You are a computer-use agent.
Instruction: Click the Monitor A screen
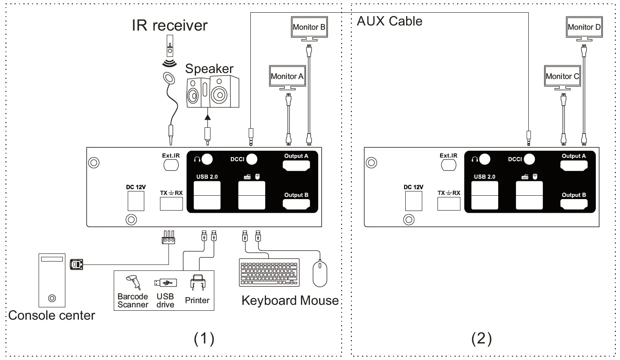tap(287, 76)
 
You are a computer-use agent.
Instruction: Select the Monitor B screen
tap(309, 27)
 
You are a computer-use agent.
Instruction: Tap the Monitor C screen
tap(562, 76)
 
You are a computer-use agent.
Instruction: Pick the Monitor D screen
tap(584, 27)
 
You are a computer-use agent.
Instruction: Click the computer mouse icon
tap(320, 274)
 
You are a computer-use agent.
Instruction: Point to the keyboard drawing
tap(269, 272)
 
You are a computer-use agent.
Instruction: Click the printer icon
tap(198, 282)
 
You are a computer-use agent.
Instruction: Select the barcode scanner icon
tap(133, 282)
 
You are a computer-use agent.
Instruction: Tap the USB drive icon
tap(165, 283)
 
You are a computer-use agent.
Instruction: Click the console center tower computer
tap(52, 280)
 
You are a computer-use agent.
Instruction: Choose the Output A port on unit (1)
tap(296, 166)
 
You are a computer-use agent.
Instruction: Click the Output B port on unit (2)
tap(574, 204)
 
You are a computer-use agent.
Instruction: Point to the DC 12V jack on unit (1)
tap(136, 200)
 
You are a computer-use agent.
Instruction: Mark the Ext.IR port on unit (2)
tap(449, 165)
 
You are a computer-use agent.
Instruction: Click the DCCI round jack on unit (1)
tap(252, 159)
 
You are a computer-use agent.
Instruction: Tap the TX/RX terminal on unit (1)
tap(171, 204)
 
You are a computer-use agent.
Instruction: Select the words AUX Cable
tap(390, 21)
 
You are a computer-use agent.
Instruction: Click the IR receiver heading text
tap(169, 25)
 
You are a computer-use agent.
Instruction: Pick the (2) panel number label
tap(482, 338)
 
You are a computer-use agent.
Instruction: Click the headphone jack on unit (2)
tap(485, 159)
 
